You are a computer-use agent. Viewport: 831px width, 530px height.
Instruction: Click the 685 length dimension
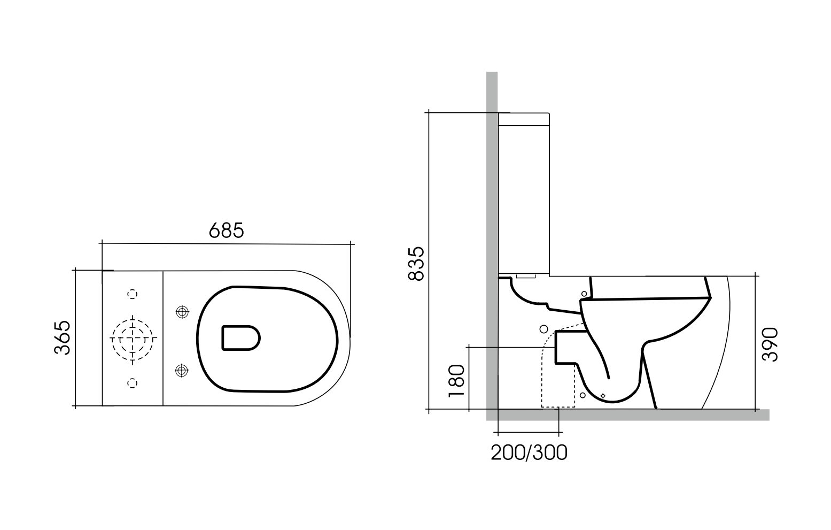[226, 231]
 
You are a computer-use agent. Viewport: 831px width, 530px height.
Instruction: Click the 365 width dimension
[63, 338]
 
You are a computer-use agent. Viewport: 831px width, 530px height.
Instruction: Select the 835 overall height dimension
[416, 263]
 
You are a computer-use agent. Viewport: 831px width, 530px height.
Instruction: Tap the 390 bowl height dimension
[770, 344]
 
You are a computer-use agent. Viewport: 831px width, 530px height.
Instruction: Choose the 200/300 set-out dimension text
[529, 452]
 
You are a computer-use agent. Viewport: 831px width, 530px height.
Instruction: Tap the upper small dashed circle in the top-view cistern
[133, 294]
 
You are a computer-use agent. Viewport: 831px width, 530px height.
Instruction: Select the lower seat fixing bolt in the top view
[182, 369]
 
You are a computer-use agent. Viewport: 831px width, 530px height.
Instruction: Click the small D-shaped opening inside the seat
[240, 337]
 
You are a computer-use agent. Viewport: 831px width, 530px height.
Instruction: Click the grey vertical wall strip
[492, 214]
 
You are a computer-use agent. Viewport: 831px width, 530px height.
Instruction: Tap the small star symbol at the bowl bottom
[603, 395]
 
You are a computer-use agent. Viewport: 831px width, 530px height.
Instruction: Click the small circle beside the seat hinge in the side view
[584, 294]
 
